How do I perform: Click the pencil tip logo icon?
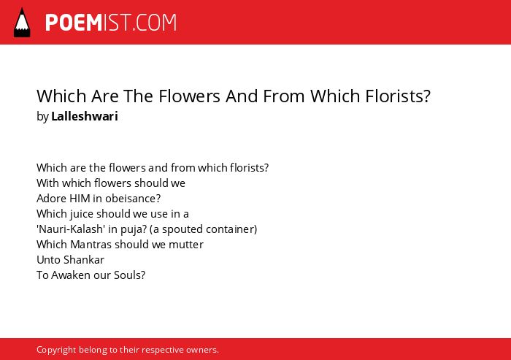click(22, 23)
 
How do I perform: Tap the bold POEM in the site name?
click(74, 23)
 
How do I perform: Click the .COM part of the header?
click(155, 23)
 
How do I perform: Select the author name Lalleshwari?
click(85, 116)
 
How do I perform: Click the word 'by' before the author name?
click(42, 117)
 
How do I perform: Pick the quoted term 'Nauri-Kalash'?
click(71, 229)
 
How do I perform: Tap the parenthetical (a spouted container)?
click(204, 229)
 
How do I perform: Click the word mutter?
click(185, 245)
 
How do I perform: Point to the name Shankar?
click(84, 259)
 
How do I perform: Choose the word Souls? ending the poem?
click(130, 275)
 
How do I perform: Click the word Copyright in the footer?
click(56, 350)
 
